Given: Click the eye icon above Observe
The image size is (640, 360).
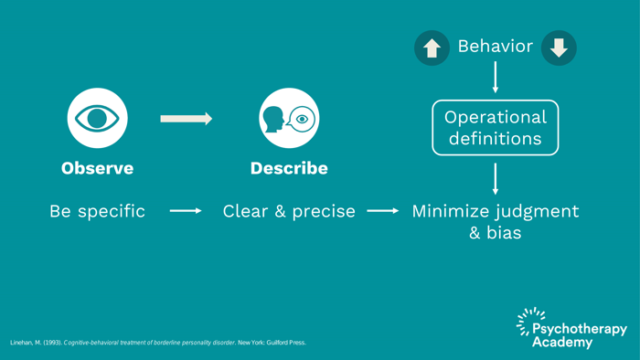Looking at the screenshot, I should (97, 118).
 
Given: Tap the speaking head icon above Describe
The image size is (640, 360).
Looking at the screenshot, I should (289, 118).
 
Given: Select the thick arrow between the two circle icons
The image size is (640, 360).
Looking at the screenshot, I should (186, 119).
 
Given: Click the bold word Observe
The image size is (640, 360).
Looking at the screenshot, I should (97, 169).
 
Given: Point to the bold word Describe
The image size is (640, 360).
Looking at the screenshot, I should (289, 169).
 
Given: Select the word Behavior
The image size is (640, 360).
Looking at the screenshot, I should (495, 46).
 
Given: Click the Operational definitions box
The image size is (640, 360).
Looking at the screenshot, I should (495, 128).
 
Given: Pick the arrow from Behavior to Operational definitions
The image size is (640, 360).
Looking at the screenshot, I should (496, 77).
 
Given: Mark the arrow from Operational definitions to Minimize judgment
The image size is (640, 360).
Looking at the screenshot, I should (496, 178).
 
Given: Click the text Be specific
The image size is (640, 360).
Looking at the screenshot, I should (97, 211).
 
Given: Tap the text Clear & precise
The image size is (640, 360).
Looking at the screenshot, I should (289, 211).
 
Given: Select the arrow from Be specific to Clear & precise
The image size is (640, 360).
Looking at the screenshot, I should (186, 211).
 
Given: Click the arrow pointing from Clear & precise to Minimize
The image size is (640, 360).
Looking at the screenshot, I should (383, 211).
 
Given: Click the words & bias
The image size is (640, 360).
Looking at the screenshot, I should (496, 233).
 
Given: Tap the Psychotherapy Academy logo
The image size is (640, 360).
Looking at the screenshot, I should (571, 329).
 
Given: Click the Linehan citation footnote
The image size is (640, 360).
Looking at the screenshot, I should (158, 343).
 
